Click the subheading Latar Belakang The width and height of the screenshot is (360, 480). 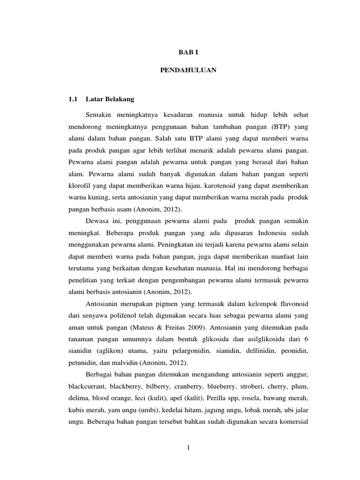point(110,99)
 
